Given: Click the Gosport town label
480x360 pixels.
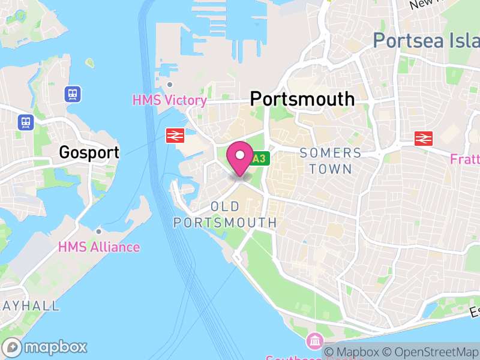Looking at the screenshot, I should [x=89, y=152].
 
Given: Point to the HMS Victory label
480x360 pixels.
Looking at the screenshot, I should [x=170, y=100].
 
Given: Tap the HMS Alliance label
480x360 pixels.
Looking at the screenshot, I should [x=99, y=247].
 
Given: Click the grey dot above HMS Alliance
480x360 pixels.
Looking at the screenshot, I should [x=98, y=231].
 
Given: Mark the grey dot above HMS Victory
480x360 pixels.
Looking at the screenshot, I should [x=170, y=85].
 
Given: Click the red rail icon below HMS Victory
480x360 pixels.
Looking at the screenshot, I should [x=174, y=136].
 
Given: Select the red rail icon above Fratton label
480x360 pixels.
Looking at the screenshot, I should [x=424, y=139].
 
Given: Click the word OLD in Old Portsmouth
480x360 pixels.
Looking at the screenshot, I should [x=225, y=207].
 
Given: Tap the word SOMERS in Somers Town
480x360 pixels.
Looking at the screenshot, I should [x=331, y=153].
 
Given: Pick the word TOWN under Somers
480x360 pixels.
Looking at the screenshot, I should [x=331, y=169].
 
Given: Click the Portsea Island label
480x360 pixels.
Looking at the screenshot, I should [x=426, y=40].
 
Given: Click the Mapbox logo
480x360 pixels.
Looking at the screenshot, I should [x=46, y=347].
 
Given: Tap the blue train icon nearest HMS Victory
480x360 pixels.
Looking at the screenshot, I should [x=73, y=94].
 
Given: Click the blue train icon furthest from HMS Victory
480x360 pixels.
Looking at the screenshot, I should [x=26, y=122].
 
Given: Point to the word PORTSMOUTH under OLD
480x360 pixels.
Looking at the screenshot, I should [x=225, y=223].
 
